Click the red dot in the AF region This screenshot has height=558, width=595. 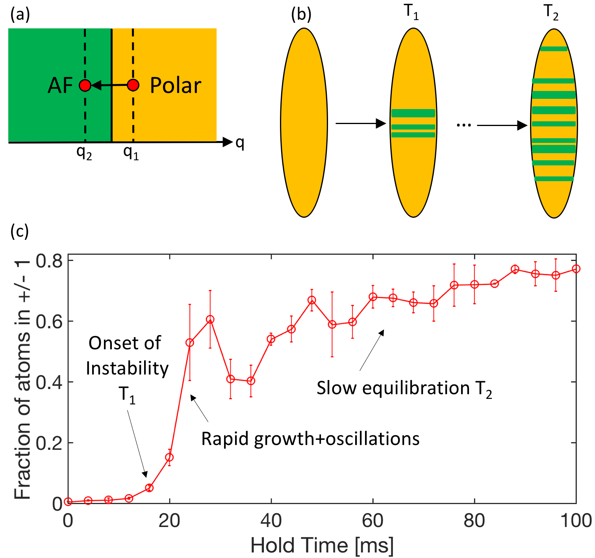point(85,85)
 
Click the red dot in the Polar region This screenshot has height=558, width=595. point(133,85)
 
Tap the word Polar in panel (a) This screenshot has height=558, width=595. point(176,85)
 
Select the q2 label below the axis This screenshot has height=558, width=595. point(84,152)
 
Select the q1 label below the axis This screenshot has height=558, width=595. point(131,152)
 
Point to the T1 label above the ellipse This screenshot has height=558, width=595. point(411,13)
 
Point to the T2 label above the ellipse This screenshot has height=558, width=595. point(551,13)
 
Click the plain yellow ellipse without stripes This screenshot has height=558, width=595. point(304,122)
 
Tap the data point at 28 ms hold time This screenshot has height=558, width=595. point(210,319)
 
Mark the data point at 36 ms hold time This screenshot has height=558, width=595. point(251,381)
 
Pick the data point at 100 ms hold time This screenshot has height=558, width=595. point(576,269)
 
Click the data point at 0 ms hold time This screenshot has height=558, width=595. point(68,502)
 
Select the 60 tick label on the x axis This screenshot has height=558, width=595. point(373,521)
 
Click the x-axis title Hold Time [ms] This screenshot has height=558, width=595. point(322,546)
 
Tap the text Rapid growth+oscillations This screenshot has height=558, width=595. point(310,439)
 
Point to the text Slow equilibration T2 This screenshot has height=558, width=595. point(404,389)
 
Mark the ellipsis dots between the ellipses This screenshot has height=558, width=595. point(464,125)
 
